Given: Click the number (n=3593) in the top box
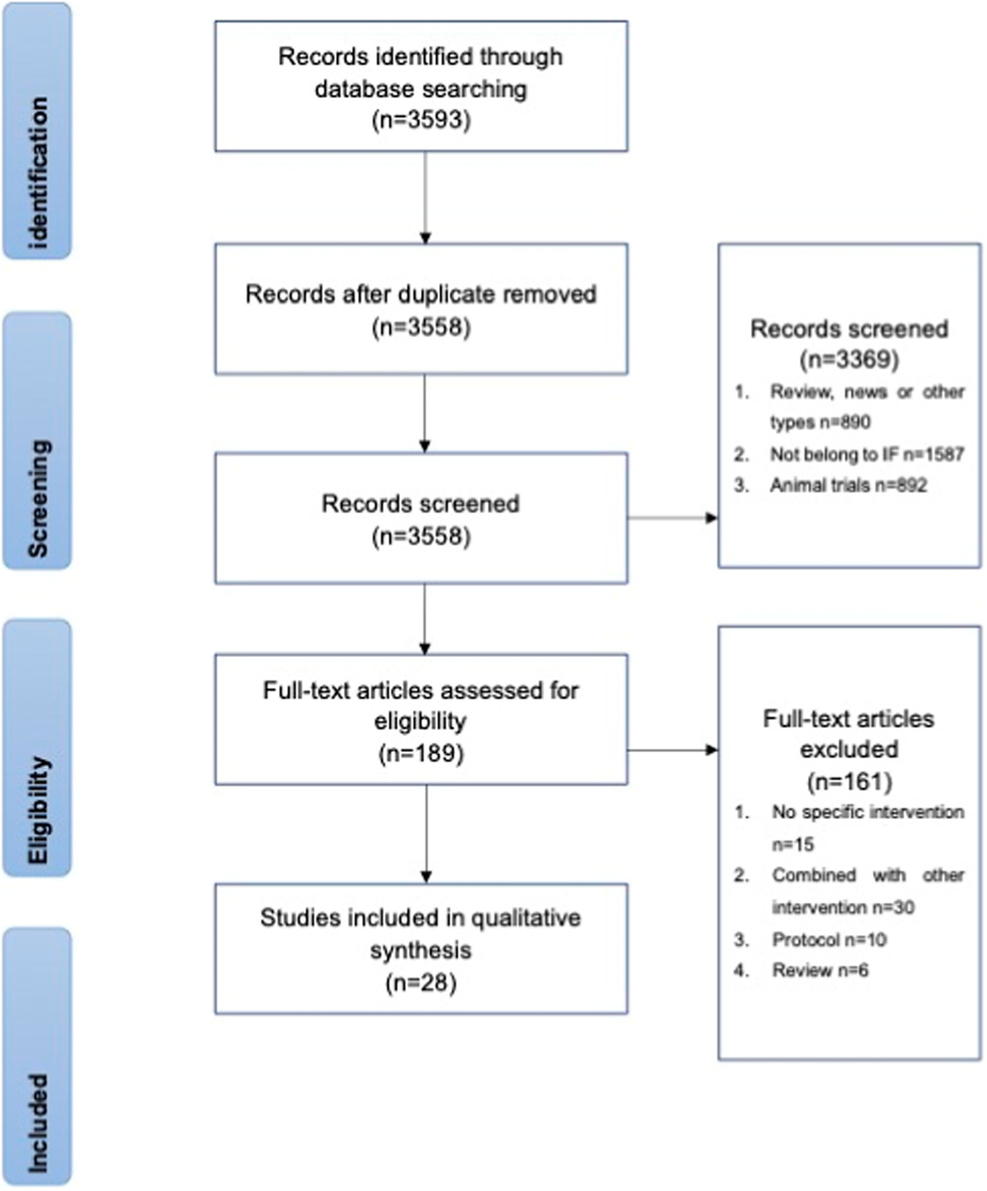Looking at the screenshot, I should point(421,120).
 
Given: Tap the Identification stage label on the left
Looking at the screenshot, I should point(37,172).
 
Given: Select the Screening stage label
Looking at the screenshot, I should point(37,498).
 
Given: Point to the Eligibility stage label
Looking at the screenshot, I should point(37,810).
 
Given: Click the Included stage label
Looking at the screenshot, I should point(37,1122).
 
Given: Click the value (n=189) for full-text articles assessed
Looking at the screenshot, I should point(421,753).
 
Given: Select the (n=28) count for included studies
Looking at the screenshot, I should point(421,983).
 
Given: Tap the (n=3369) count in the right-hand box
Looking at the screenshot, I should point(849,359).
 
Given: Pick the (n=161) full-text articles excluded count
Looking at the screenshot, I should point(849,782).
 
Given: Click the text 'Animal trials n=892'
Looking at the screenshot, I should point(848,485).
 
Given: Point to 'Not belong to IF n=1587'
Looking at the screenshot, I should point(867,454).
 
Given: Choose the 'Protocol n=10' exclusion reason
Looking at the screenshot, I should point(829,940).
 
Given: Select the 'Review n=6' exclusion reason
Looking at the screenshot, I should point(820,970).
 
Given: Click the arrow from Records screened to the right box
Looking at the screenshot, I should point(673,518).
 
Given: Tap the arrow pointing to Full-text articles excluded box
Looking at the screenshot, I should point(673,750).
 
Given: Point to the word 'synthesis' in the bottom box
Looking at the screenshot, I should point(421,950).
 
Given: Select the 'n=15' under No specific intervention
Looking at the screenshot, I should point(793,844).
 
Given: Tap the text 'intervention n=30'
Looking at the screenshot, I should point(842,908).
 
